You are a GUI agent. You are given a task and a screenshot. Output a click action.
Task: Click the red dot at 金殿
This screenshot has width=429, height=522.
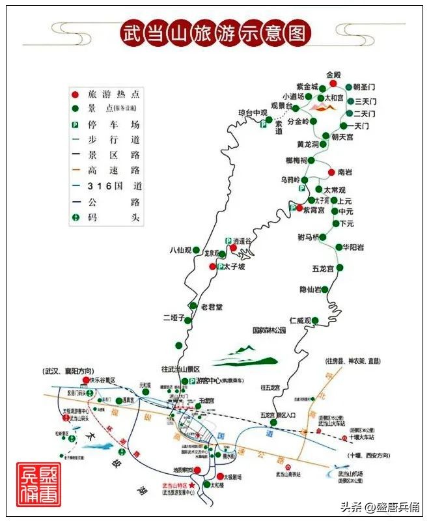point(333,83)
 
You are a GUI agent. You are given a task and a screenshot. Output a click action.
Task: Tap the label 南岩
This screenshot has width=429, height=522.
point(346,173)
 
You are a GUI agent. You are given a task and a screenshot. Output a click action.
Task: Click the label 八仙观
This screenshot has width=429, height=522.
point(180,249)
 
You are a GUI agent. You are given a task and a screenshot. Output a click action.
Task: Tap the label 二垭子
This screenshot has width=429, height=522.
point(174,318)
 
